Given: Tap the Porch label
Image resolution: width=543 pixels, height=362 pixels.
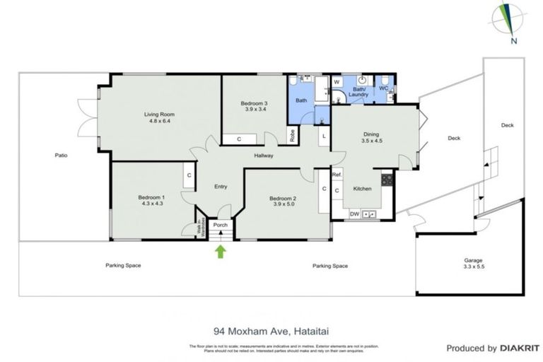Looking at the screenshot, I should tap(220, 225).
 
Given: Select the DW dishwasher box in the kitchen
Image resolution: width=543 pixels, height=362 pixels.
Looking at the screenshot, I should tap(354, 214).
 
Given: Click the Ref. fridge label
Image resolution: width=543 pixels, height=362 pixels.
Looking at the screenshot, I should tap(337, 175).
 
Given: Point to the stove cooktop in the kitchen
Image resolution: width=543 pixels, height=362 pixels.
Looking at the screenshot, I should tap(387, 180).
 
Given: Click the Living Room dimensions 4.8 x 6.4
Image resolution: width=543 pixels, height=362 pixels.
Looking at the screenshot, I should tap(160, 122).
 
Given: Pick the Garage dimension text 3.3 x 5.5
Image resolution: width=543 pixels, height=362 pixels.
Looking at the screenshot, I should tap(473, 268).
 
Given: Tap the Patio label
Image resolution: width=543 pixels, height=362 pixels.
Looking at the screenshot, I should tap(60, 156).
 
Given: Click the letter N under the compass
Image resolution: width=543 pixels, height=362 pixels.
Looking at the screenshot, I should tap(512, 41).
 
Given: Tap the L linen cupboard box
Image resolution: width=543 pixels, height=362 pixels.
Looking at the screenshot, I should tap(323, 135).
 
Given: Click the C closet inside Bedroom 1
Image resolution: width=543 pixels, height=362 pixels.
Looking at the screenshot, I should tap(188, 175).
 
